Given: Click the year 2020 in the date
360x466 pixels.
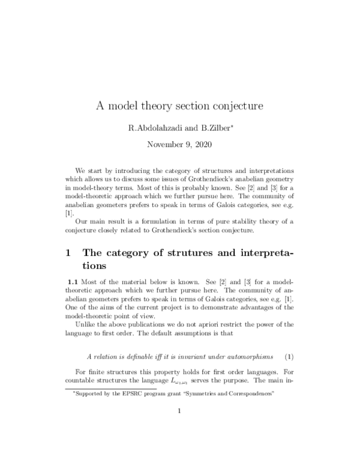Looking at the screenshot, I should [x=200, y=144].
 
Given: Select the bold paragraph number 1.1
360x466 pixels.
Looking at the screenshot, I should [x=71, y=282].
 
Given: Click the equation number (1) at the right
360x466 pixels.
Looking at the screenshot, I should [x=289, y=349].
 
